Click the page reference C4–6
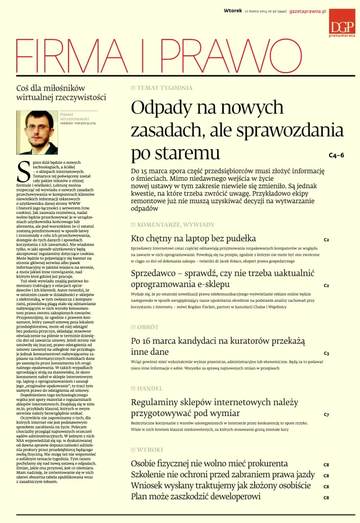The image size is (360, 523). click(337, 155)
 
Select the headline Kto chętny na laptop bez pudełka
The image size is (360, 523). click(193, 238)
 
